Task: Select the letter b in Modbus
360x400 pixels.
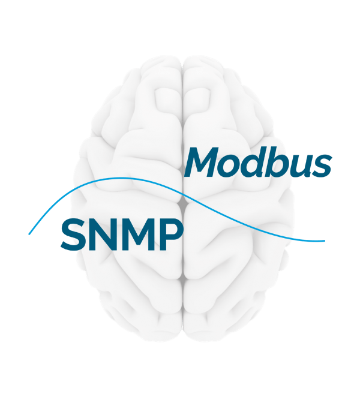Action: point(280,162)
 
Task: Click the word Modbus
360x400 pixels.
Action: point(259,163)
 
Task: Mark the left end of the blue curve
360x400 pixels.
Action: point(29,233)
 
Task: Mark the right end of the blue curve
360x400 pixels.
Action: point(325,241)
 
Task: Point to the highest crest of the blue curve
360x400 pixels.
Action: point(120,178)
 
